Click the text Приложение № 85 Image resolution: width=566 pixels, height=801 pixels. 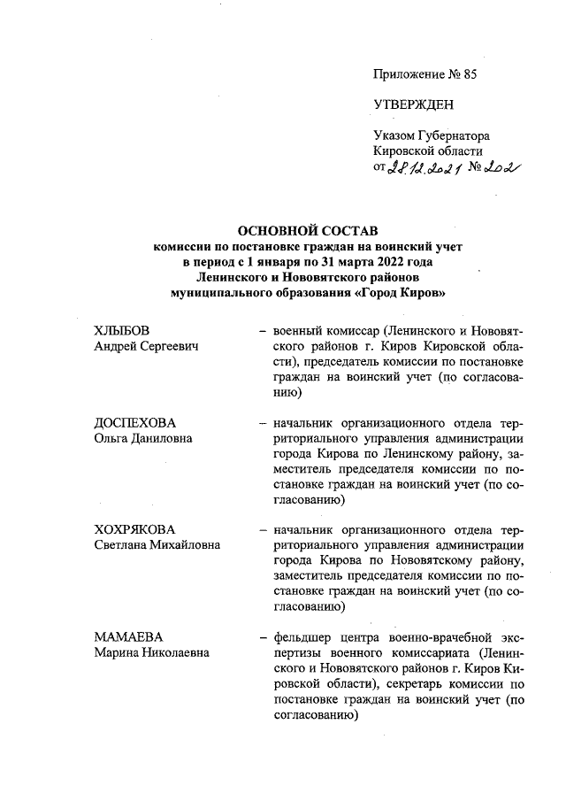pos(425,74)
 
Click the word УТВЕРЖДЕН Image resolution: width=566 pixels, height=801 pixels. pos(413,104)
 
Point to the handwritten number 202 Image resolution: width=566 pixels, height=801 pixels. pos(501,167)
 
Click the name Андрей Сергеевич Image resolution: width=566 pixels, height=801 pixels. pos(146,346)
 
